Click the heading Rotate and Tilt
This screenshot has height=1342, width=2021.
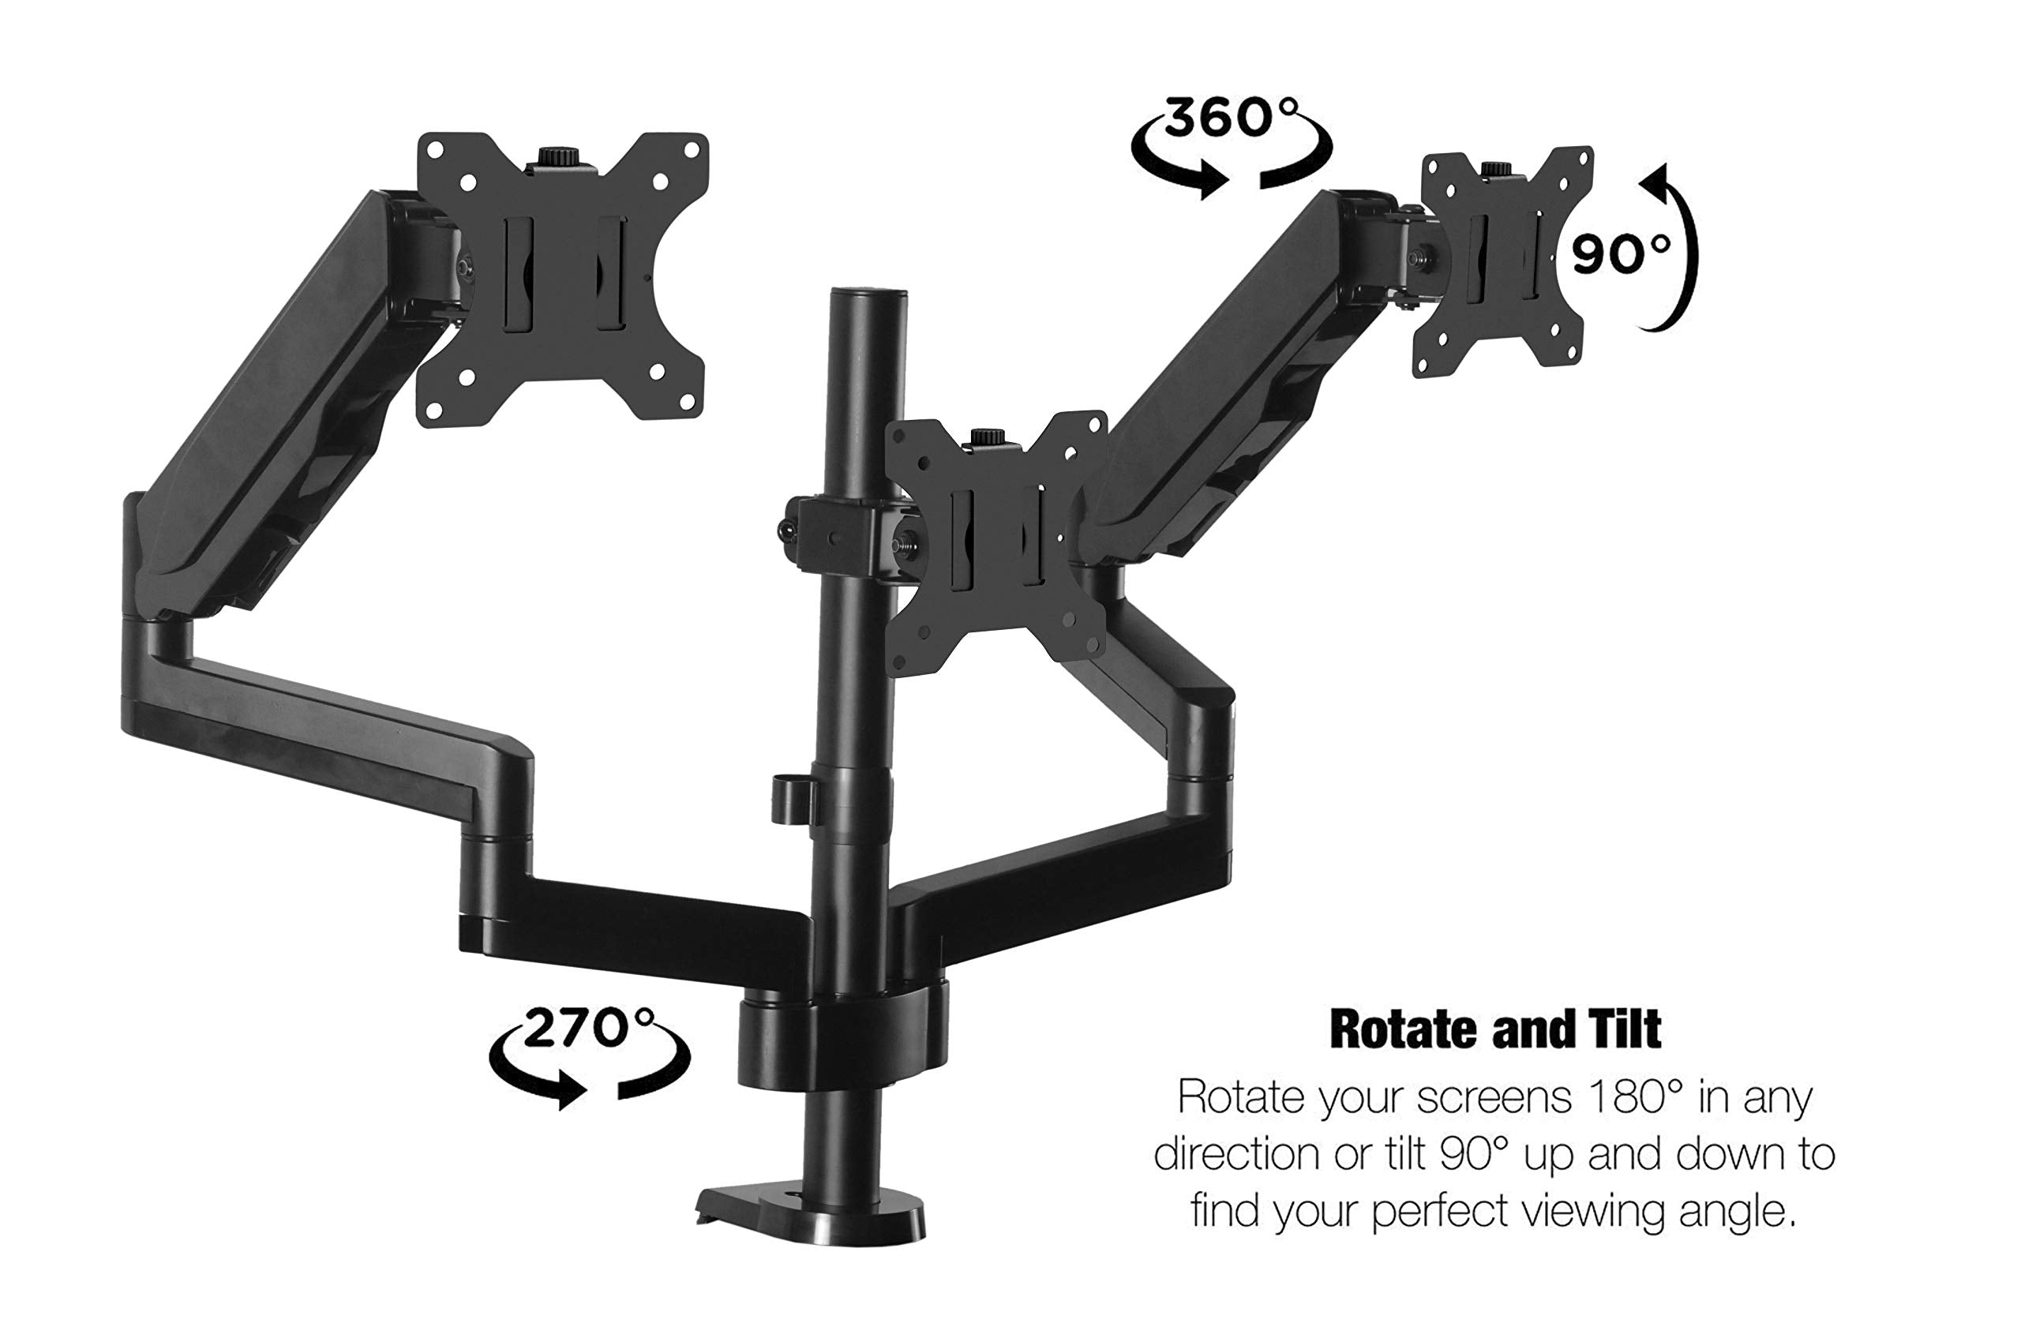1494,1029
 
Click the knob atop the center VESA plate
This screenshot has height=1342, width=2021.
988,437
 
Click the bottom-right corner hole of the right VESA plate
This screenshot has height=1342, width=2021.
1573,357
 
